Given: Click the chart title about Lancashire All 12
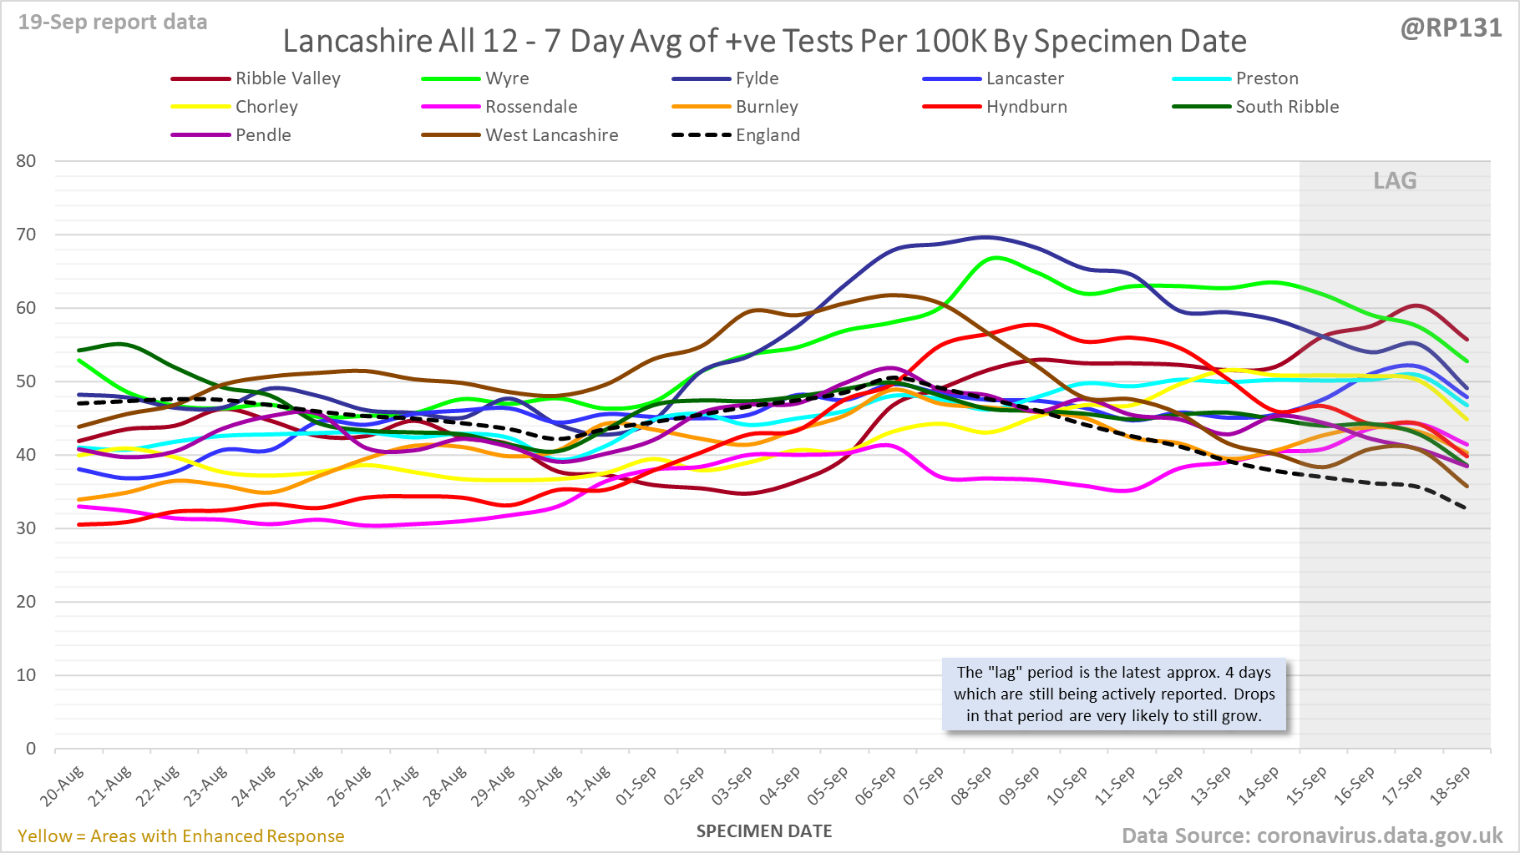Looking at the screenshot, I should coord(764,41).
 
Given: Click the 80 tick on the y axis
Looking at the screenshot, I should coord(27,161).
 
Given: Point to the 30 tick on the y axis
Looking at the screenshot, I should coord(27,528).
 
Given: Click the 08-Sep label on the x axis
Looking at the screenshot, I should coord(971,785).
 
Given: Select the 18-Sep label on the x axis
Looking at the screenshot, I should coord(1451,785).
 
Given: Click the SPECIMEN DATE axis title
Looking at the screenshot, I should coord(764,831).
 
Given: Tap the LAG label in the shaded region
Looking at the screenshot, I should coord(1395,181).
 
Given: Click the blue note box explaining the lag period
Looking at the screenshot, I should coord(1114,694).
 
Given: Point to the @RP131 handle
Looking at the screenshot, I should coord(1451,28).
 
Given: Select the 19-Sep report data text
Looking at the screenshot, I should coord(113,23).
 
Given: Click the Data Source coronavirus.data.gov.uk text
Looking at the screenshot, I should coord(1311,835).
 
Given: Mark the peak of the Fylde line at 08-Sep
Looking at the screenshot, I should coord(985,237).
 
